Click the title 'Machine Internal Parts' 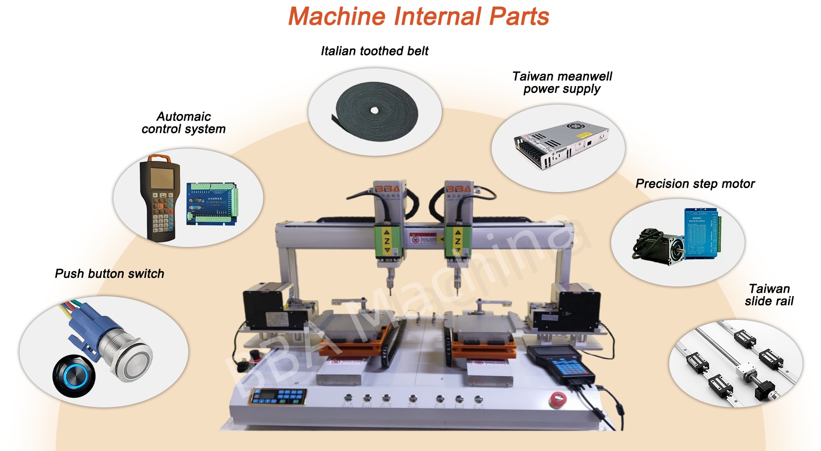[x=418, y=16]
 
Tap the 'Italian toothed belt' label [x=375, y=51]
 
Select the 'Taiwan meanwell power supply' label [x=562, y=83]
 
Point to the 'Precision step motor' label [x=695, y=183]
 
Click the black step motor [x=659, y=247]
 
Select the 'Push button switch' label [x=109, y=274]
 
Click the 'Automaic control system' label [x=184, y=122]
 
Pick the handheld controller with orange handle [x=160, y=197]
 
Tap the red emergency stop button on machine [x=558, y=400]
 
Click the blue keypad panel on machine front [x=278, y=397]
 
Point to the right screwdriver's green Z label [x=458, y=241]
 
